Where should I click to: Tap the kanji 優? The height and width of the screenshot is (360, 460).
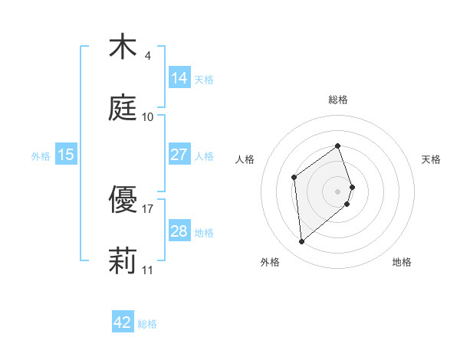(123, 201)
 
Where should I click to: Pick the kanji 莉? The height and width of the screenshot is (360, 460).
(123, 260)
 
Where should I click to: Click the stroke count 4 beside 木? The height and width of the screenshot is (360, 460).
(147, 56)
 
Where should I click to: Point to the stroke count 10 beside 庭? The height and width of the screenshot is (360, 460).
(147, 116)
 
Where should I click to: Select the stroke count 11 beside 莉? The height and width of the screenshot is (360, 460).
(147, 270)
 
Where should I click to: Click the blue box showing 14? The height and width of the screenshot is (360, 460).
(179, 77)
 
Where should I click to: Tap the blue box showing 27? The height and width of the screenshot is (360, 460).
(179, 155)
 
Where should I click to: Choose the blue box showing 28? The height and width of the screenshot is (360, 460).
(179, 231)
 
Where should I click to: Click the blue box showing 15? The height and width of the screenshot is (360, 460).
(66, 155)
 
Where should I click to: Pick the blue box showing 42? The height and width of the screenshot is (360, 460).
(123, 322)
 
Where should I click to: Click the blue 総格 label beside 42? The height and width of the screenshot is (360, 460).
(147, 324)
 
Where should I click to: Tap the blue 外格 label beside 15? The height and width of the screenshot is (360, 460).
(41, 156)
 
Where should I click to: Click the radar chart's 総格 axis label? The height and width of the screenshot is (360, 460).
(337, 100)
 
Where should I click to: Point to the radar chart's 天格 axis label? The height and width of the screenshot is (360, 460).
(432, 159)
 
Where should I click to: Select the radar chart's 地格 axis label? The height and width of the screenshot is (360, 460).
(402, 262)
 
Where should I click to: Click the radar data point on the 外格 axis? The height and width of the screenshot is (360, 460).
(301, 242)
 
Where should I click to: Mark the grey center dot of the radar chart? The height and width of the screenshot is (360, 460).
(337, 190)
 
